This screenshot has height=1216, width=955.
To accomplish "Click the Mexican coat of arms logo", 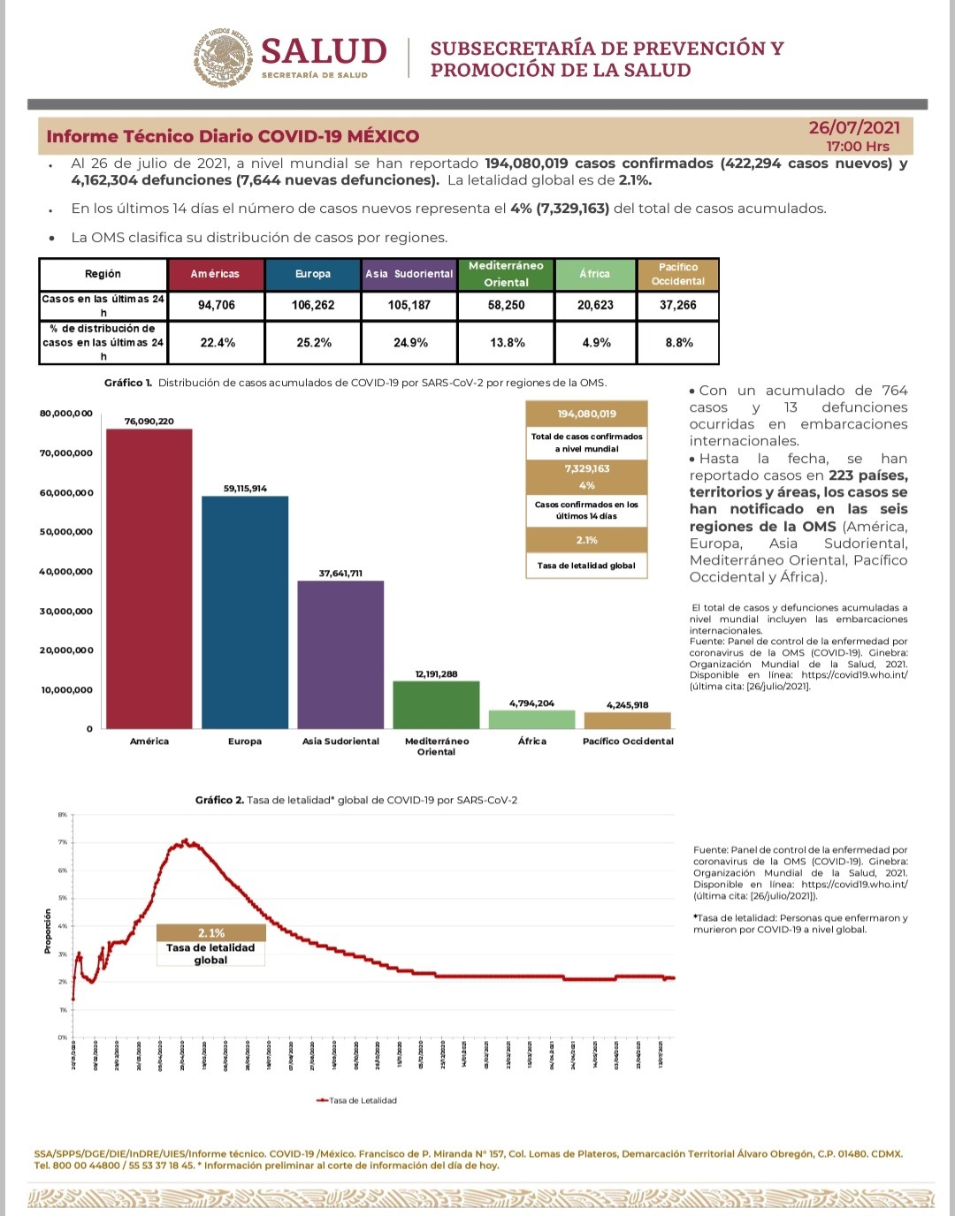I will (x=223, y=57).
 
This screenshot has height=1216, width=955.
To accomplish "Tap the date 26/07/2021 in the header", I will (x=854, y=128).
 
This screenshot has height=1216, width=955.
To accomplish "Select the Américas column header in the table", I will (x=215, y=274).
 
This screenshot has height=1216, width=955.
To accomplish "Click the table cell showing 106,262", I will (x=313, y=305).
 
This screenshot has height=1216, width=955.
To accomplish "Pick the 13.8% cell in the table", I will (x=507, y=343).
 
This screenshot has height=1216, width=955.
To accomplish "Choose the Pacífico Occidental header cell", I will (x=678, y=274).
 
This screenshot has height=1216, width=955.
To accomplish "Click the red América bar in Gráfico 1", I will (x=149, y=579).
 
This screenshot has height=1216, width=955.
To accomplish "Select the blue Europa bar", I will (x=245, y=612).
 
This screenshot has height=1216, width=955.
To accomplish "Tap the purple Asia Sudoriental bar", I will (x=340, y=654).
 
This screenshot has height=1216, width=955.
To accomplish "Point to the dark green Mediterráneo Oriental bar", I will (x=436, y=704).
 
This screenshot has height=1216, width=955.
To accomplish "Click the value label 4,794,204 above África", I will (x=531, y=703).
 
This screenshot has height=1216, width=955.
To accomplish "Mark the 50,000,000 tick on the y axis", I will (x=66, y=532).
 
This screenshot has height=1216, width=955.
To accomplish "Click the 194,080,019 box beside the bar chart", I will (x=587, y=414).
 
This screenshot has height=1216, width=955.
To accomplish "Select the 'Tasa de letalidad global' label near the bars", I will (x=586, y=566).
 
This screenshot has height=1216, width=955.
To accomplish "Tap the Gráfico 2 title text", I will (x=356, y=800).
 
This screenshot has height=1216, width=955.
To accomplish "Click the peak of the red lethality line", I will (x=185, y=840).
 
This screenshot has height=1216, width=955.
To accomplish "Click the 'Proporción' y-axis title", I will (x=48, y=931).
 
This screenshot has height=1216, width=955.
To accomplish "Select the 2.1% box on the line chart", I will (x=211, y=933).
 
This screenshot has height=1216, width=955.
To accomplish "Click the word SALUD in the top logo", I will (x=324, y=51).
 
